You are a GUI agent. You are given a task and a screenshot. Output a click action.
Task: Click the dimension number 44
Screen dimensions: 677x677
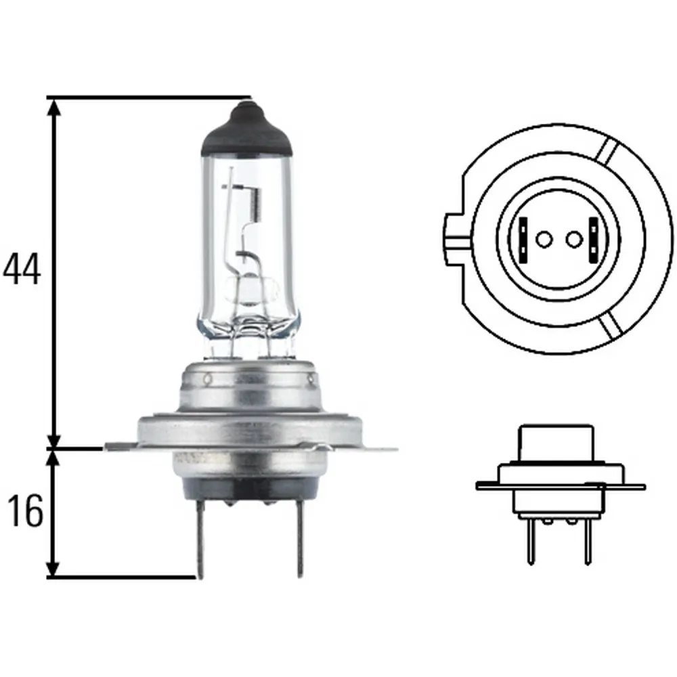point(22,269)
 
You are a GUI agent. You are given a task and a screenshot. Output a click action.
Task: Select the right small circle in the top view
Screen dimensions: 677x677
point(574,240)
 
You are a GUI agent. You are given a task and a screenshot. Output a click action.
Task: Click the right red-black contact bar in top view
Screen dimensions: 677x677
point(593,240)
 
